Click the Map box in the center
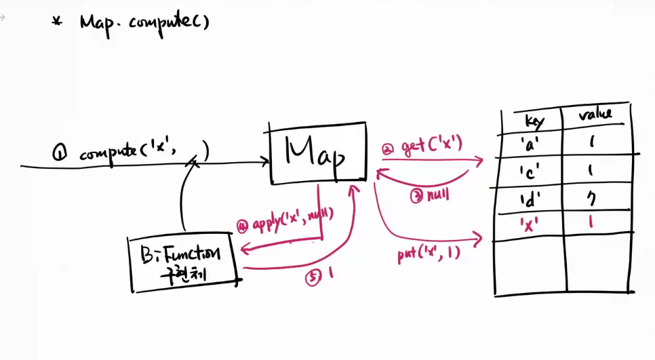[x=317, y=153]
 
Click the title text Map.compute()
[x=144, y=22]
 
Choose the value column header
[x=595, y=114]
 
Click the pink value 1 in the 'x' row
[x=591, y=222]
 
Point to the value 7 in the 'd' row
[x=591, y=199]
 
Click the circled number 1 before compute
[x=60, y=154]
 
